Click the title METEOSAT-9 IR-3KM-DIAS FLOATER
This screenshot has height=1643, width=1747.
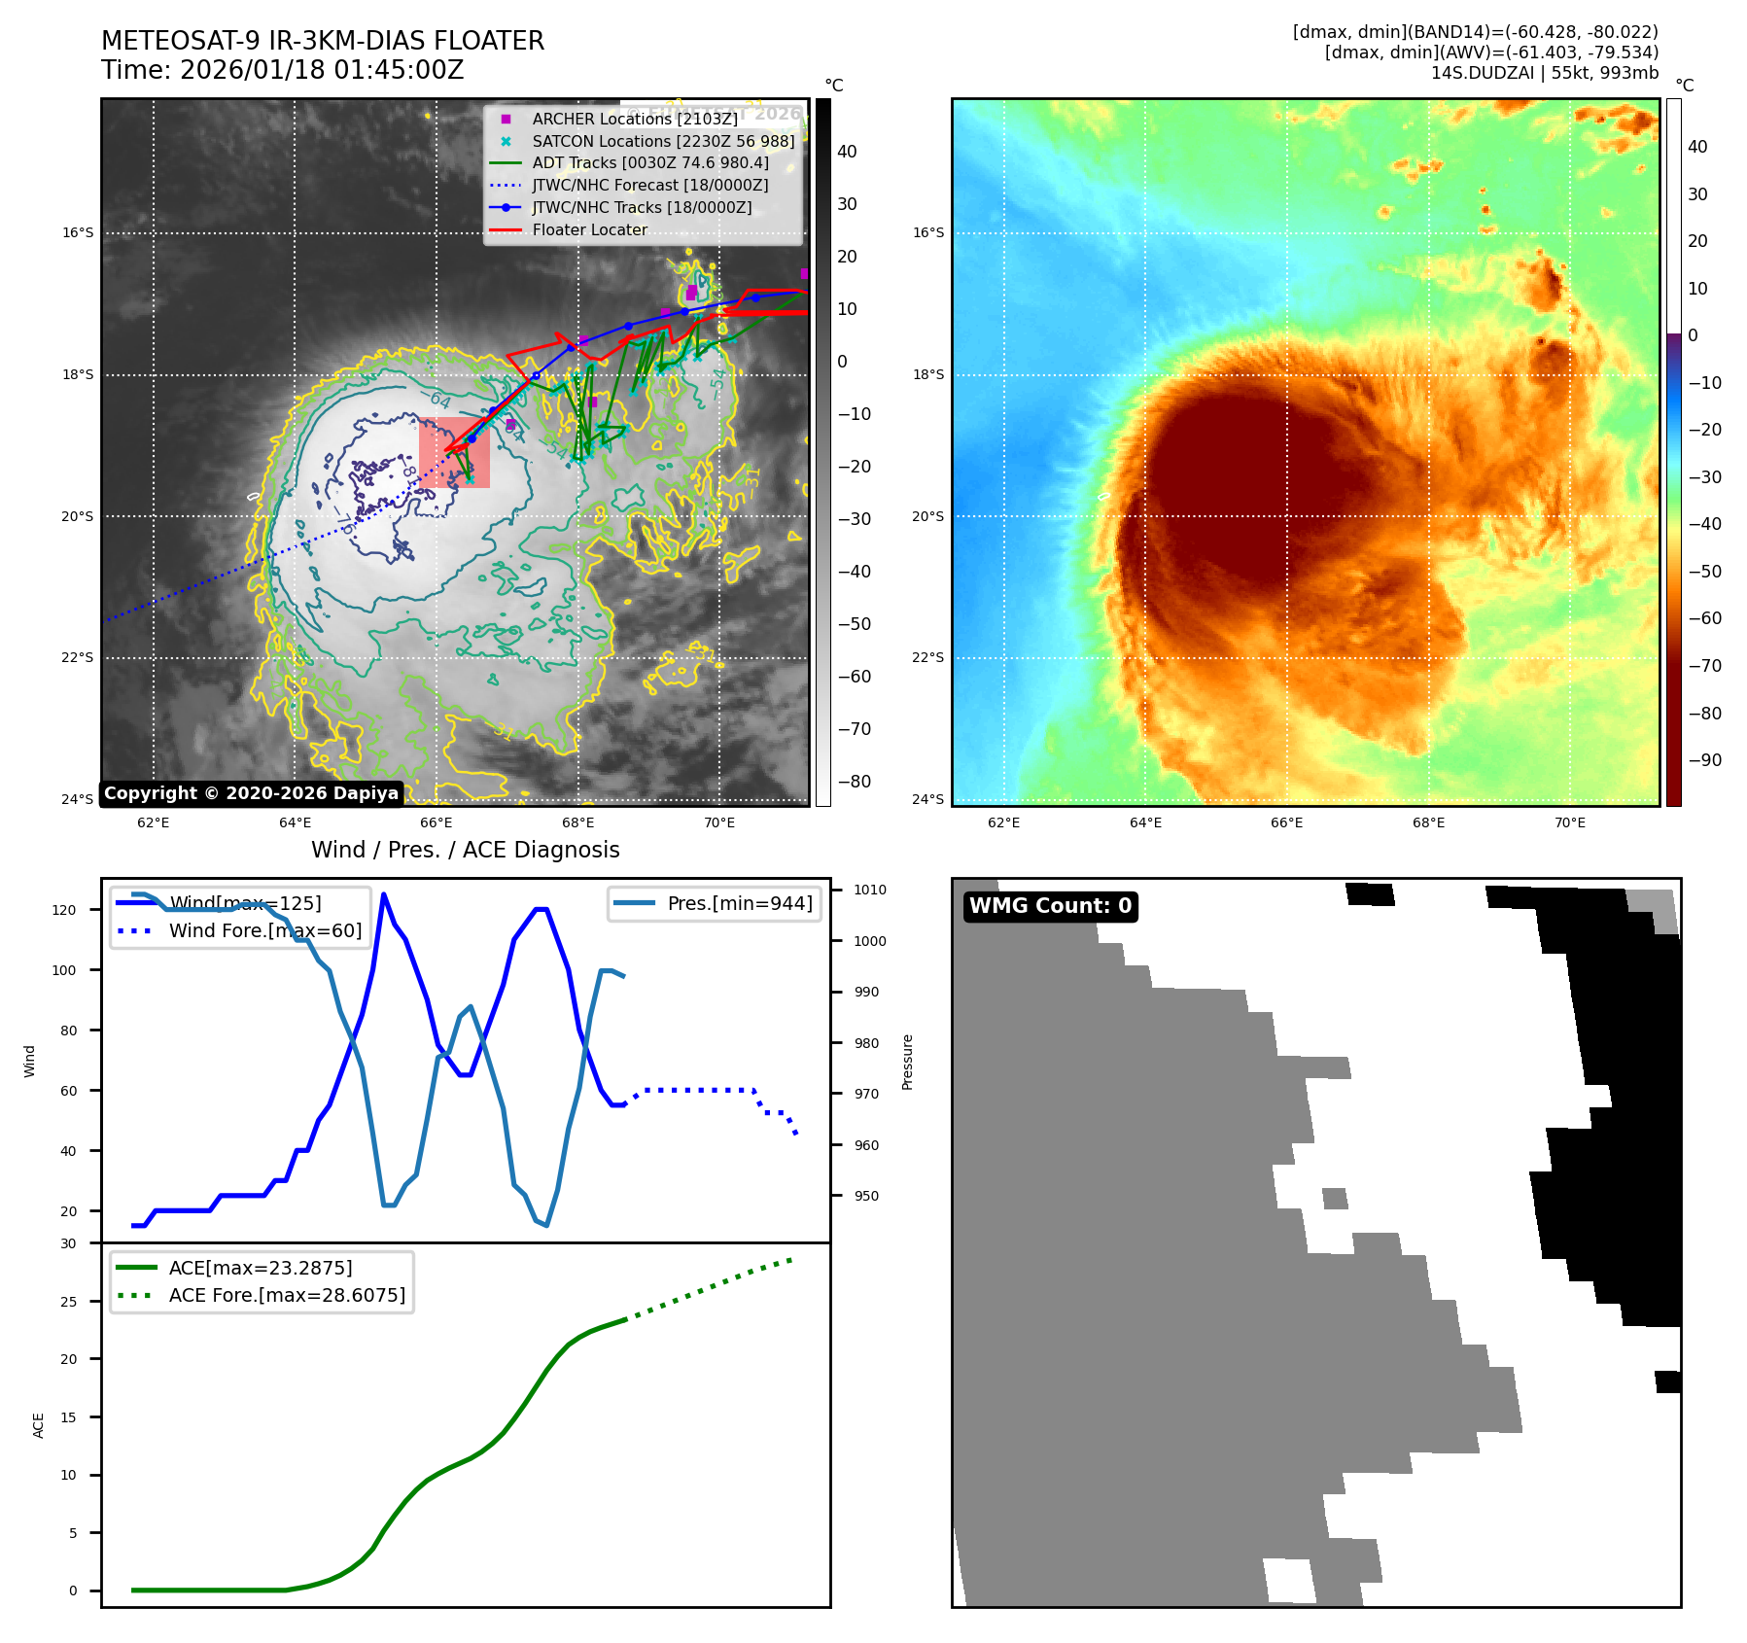point(323,41)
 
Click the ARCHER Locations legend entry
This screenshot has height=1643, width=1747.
point(634,119)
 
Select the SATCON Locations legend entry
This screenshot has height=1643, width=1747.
point(663,141)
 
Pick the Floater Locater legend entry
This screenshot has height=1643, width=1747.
point(589,229)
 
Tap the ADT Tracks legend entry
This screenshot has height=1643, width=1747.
point(649,163)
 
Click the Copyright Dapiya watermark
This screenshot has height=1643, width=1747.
point(251,793)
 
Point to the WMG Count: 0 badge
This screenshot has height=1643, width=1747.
point(1050,906)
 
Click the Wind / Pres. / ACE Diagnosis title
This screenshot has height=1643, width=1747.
point(465,850)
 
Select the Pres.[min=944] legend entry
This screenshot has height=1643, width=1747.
point(739,903)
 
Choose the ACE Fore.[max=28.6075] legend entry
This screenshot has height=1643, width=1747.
point(287,1295)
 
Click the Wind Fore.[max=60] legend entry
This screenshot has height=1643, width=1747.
point(264,930)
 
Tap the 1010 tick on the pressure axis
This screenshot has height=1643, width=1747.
point(870,890)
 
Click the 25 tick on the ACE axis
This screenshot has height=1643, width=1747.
point(68,1302)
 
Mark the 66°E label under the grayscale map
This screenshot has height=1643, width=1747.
point(437,822)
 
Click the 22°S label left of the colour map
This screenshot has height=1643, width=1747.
point(927,658)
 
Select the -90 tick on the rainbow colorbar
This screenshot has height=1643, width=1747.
point(1704,760)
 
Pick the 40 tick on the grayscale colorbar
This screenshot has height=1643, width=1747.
point(847,152)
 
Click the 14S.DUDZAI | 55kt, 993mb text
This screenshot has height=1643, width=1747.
point(1544,73)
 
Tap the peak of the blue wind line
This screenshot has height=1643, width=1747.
point(384,893)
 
